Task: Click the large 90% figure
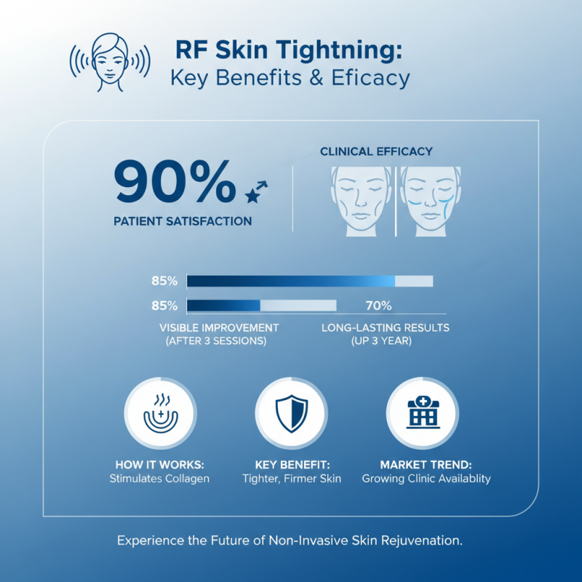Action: (175, 184)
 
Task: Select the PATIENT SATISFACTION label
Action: (183, 220)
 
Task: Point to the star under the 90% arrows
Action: (252, 196)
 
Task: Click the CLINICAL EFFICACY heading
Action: (376, 151)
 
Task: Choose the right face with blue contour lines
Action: (429, 201)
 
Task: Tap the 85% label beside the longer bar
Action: (164, 281)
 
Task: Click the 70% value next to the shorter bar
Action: (378, 305)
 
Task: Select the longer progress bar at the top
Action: (309, 282)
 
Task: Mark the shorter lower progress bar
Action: (261, 305)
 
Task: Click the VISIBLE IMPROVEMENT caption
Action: (219, 328)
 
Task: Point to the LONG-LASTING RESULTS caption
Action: (386, 328)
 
